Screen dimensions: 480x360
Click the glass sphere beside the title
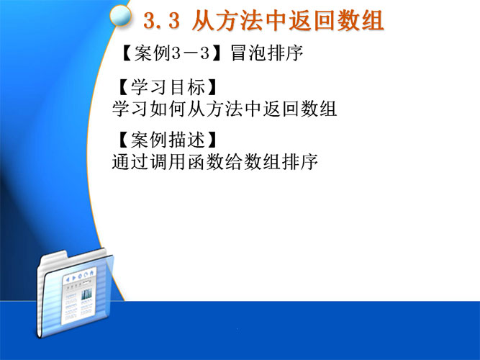121,15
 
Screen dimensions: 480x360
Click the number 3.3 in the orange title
162,21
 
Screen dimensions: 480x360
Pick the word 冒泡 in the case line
248,53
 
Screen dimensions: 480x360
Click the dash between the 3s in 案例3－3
191,53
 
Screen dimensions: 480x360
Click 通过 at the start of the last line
130,161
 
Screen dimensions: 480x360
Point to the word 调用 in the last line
168,161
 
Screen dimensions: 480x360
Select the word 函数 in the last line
205,161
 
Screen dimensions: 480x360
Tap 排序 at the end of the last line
300,161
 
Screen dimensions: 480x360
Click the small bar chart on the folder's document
86,294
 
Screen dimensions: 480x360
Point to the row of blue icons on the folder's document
79,275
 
